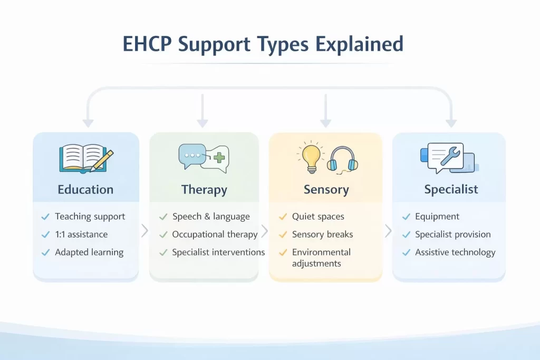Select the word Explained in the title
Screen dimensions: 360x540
360,45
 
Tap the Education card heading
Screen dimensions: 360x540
85,190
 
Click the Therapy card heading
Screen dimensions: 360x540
204,190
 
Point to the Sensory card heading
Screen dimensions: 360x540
326,190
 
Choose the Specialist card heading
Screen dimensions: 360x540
451,190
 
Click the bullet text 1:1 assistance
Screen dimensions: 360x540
81,235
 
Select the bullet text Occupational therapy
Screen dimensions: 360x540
215,235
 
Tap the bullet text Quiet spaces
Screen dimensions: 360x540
318,217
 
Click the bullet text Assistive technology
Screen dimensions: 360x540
455,252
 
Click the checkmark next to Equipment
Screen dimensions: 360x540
406,217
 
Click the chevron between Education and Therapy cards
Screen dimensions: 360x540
144,231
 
